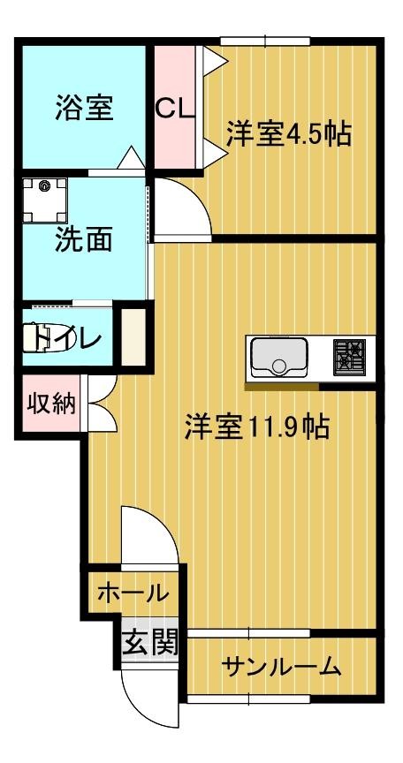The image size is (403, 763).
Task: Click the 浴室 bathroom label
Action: [x=84, y=108]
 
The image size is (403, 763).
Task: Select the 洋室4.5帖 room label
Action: [x=287, y=134]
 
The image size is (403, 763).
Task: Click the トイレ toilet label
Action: [x=66, y=336]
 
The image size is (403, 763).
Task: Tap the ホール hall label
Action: [x=132, y=592]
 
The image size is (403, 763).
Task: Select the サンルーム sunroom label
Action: [x=281, y=667]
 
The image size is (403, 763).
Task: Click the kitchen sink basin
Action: [x=278, y=357]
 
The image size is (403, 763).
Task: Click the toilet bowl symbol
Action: [x=41, y=337]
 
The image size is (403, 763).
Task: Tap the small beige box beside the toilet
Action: [x=132, y=335]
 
